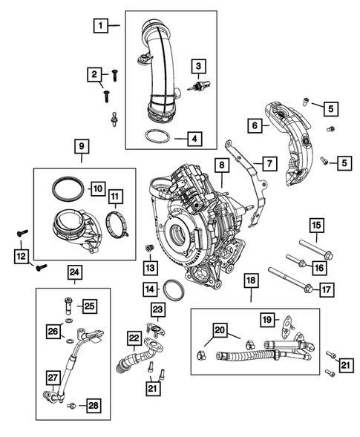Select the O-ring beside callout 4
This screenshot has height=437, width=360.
click(x=154, y=137)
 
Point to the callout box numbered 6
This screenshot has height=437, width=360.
click(x=254, y=126)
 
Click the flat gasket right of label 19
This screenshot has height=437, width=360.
click(x=286, y=322)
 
